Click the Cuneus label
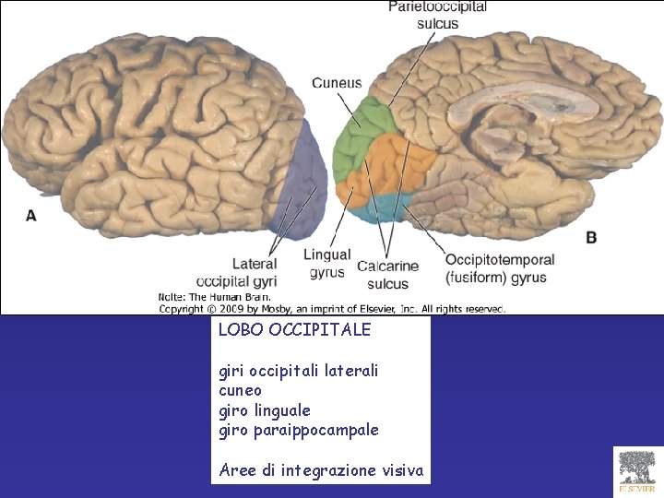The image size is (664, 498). pos(337,83)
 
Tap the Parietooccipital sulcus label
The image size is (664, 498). pos(437,15)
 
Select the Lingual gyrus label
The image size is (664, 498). pos(327,263)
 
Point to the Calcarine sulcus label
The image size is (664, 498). pos(387,275)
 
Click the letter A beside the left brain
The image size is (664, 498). pos(31,215)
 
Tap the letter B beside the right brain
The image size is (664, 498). pos(591,237)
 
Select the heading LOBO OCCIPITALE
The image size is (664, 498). pos(294,329)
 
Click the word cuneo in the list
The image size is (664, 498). pos(240,390)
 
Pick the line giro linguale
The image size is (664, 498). pos(264,409)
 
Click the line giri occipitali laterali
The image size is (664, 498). pos(298,371)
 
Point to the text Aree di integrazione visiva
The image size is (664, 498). pos(321,470)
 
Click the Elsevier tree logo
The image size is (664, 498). pos(637,470)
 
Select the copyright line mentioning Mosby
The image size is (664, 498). pos(332,309)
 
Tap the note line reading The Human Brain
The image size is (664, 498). pos(215,298)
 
